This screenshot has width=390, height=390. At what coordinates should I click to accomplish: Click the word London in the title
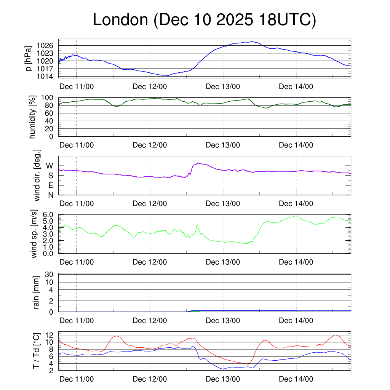120,20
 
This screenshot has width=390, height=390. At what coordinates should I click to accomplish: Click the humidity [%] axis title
33,117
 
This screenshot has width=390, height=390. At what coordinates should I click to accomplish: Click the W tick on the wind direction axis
50,166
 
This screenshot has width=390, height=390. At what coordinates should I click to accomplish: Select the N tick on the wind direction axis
50,195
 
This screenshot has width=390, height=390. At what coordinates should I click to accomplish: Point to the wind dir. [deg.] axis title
37,175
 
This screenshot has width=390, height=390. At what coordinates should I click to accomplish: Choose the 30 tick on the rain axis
50,274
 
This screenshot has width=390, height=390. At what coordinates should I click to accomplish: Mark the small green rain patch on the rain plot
195,311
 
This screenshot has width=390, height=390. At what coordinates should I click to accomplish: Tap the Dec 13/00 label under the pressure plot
223,87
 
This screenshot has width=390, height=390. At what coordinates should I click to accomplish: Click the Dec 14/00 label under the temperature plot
296,379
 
